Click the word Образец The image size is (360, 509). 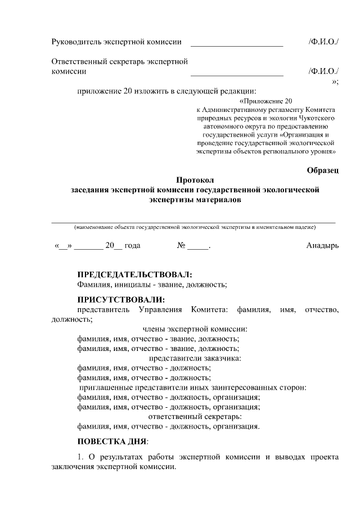323,170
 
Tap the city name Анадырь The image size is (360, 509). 322,246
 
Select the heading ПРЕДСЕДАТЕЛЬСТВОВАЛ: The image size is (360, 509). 134,274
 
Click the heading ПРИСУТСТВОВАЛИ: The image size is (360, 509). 121,299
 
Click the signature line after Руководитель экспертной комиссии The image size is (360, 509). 237,46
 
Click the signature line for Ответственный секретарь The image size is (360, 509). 237,75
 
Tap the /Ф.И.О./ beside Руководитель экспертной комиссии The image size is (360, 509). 323,42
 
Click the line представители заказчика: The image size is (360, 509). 195,358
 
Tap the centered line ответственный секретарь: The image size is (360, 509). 195,416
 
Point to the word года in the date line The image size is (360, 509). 132,246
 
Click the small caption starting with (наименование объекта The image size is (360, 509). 195,227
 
